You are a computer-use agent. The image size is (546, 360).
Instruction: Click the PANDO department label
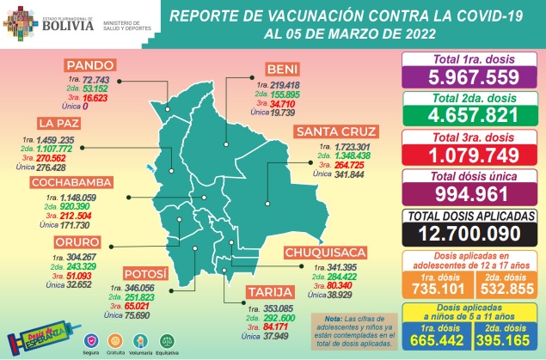coord(95,64)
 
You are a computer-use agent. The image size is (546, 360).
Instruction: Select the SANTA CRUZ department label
coord(334,132)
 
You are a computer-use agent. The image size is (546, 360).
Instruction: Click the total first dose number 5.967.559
coord(469,76)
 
